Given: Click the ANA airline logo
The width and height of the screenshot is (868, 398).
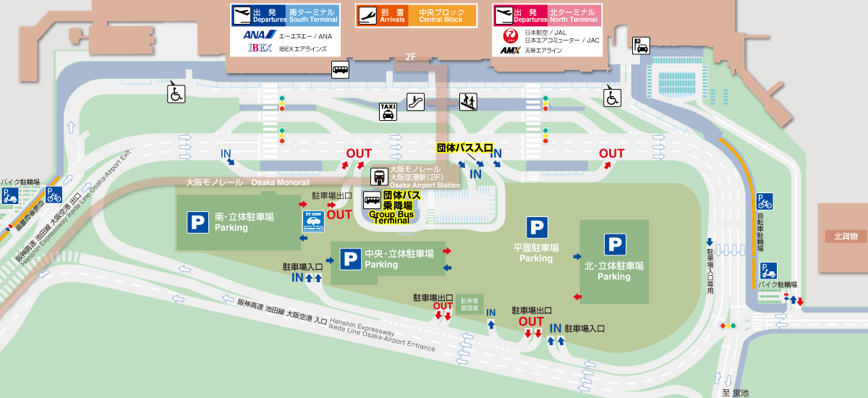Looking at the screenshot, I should tap(256, 35).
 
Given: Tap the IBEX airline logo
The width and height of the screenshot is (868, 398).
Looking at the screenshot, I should tap(260, 48).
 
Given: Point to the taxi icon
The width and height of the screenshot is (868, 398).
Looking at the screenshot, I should tap(388, 111).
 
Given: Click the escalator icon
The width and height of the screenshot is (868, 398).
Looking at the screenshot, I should tap(415, 101).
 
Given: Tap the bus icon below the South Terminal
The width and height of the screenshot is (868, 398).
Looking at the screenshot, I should tap(341, 69).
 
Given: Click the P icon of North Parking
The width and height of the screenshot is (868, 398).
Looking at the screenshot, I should tap(615, 245).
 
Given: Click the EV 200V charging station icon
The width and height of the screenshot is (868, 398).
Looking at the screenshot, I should tap(312, 221).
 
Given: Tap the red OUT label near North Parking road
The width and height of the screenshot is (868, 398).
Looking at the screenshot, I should tap(611, 153).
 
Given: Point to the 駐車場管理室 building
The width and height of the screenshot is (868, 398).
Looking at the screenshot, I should tap(470, 303).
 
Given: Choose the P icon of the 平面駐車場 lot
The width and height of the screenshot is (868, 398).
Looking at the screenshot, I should tap(537, 227).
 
